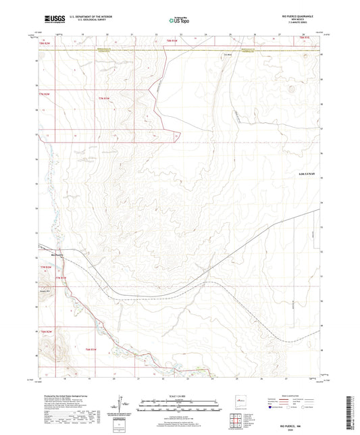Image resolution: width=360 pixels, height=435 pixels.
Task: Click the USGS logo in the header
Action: point(53,19)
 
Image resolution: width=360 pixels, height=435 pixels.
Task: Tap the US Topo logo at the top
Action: point(178,20)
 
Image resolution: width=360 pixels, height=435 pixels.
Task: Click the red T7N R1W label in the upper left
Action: point(102,100)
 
